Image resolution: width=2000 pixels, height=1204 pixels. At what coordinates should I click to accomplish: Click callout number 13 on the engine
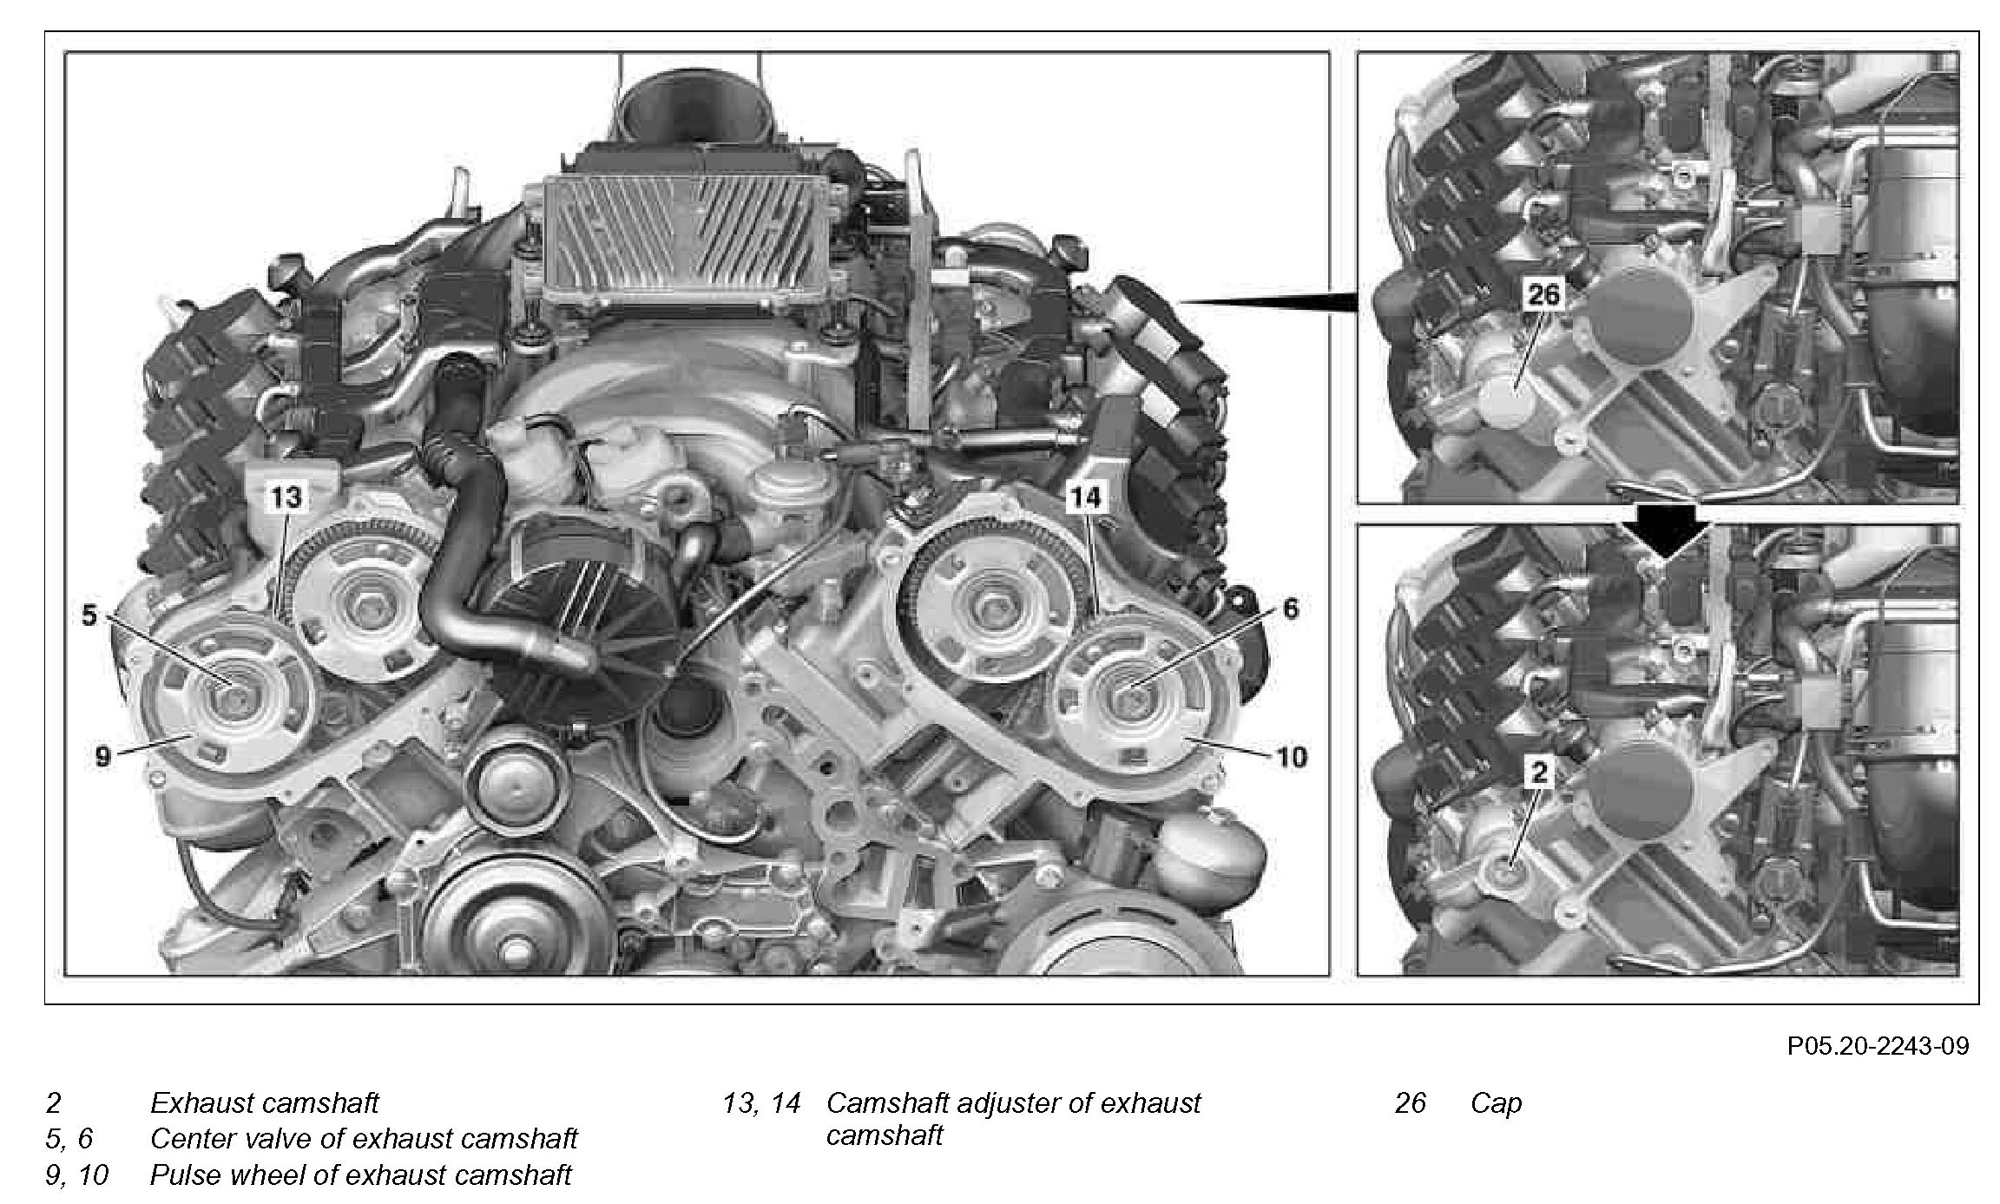286,497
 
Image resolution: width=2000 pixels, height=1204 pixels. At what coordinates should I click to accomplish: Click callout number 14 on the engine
1085,497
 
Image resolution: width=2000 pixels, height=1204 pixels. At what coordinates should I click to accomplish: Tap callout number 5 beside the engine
89,615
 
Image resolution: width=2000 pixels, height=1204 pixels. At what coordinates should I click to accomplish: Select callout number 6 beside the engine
1290,609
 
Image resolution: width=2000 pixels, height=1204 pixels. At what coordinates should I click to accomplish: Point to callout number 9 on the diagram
103,757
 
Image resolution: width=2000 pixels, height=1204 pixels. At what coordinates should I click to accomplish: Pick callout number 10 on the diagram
1292,757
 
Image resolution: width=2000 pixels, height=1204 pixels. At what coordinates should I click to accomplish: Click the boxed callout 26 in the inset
1543,295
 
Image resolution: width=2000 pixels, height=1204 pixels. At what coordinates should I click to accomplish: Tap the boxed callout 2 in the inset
1539,772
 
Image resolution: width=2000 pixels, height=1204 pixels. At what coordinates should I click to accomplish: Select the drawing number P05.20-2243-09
1878,1045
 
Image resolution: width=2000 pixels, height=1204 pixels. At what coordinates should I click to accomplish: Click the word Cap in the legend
1496,1103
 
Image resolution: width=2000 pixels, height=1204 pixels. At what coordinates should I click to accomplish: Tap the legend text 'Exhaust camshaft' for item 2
265,1103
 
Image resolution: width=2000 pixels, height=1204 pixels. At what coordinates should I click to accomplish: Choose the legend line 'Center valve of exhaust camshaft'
364,1139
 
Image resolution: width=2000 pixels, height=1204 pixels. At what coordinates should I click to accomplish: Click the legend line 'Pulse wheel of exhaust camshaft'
361,1175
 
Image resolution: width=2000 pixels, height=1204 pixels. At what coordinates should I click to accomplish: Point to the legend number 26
1411,1103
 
